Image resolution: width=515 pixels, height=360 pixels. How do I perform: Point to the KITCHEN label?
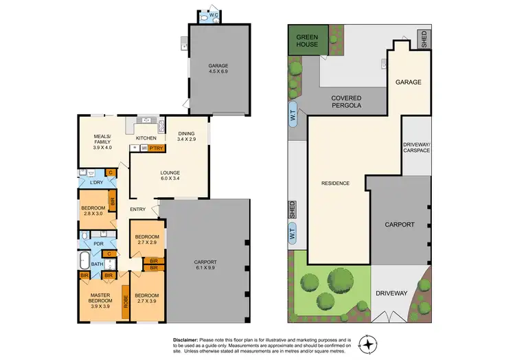click(x=146, y=138)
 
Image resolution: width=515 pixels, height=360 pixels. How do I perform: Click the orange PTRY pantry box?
click(x=155, y=147)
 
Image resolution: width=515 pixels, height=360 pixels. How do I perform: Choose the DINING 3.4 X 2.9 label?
click(x=187, y=136)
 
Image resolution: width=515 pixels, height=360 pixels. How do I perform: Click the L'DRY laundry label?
click(x=97, y=183)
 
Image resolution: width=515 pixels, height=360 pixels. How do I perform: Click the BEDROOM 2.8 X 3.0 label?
click(x=93, y=211)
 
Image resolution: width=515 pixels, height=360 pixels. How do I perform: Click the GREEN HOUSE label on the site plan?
click(x=308, y=40)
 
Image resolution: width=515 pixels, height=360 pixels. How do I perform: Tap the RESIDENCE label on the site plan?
click(x=336, y=183)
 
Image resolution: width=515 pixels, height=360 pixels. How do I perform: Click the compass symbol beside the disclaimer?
click(x=369, y=344)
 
